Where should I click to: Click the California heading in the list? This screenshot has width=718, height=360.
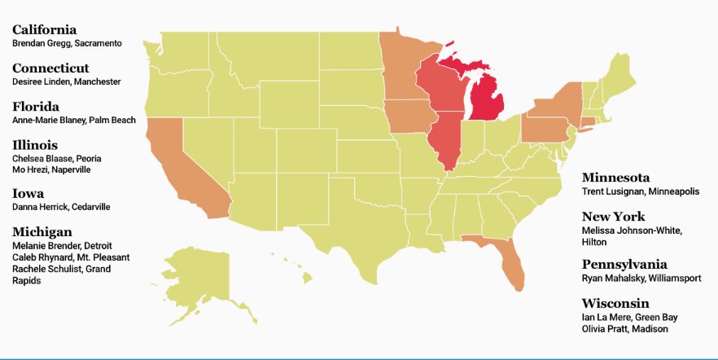44,30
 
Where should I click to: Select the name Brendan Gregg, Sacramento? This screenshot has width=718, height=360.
67,43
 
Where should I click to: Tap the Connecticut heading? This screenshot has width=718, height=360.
50,68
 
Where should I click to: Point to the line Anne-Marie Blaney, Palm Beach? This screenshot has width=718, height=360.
74,121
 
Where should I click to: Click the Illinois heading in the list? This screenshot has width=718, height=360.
35,145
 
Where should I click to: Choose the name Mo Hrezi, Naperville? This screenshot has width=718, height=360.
51,170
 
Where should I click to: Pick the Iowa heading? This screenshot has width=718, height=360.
28,194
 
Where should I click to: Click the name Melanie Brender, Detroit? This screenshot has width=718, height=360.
62,246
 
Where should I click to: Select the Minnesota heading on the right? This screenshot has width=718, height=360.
615,178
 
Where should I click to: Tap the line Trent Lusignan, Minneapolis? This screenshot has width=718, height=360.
641,192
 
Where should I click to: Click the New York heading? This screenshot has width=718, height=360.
613,217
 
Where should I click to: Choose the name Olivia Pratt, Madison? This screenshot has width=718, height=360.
624,329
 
